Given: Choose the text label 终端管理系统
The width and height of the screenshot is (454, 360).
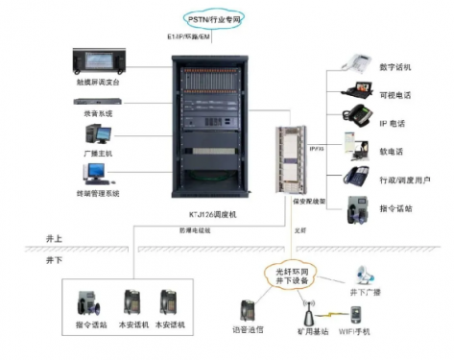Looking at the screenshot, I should point(101,192).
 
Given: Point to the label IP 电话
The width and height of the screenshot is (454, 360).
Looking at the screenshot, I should point(394,125).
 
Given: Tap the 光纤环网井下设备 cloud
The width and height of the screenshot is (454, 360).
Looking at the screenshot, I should point(289,276).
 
